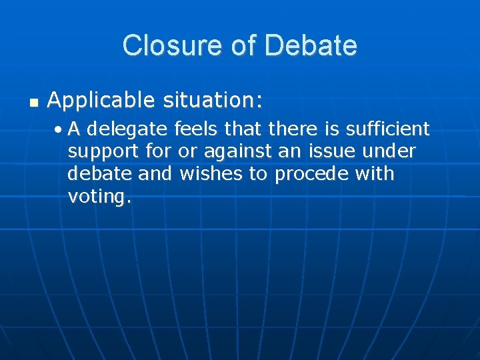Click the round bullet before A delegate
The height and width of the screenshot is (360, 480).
point(61,129)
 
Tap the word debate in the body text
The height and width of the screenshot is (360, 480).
point(97,174)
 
